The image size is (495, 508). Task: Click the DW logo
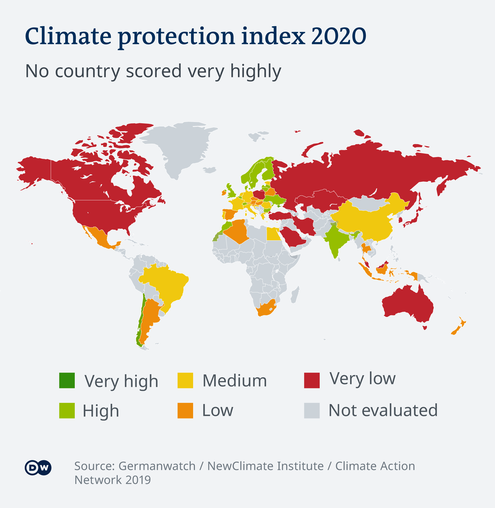pyautogui.click(x=38, y=468)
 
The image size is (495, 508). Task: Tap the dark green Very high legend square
pyautogui.click(x=67, y=380)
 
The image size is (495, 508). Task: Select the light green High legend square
pyautogui.click(x=67, y=411)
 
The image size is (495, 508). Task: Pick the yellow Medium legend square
pyautogui.click(x=185, y=380)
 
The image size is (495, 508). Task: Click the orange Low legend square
pyautogui.click(x=185, y=411)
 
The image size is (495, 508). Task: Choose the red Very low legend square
pyautogui.click(x=312, y=380)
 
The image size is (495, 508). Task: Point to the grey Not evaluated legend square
pyautogui.click(x=312, y=411)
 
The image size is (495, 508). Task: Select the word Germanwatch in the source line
pyautogui.click(x=157, y=466)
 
